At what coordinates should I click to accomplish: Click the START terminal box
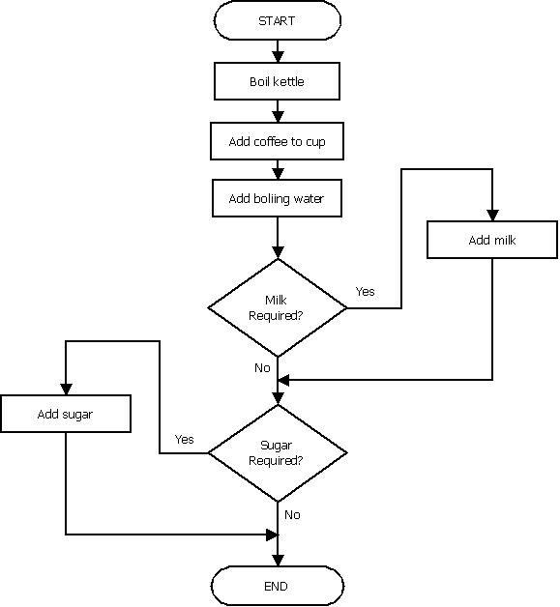277,20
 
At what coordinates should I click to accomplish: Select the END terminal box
277,586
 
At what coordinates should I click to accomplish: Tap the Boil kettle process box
277,81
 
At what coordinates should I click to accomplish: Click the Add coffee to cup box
277,141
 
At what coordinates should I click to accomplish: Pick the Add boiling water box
277,199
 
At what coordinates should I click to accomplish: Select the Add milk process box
492,240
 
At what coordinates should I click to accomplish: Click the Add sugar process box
66,415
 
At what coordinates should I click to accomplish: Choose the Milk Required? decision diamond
277,308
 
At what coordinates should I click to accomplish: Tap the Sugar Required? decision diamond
277,452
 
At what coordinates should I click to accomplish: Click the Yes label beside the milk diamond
365,291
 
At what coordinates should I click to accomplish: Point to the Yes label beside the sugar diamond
184,439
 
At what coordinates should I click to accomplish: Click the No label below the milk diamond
262,368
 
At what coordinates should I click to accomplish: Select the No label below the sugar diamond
292,515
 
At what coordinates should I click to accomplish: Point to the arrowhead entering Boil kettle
278,58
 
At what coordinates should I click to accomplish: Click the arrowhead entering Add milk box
492,216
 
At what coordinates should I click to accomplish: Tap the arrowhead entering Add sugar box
66,390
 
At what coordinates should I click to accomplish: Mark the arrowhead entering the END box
278,561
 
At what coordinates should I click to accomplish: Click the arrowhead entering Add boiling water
278,175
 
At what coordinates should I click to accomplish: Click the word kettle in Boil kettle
288,81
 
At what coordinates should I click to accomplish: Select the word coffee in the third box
271,141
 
